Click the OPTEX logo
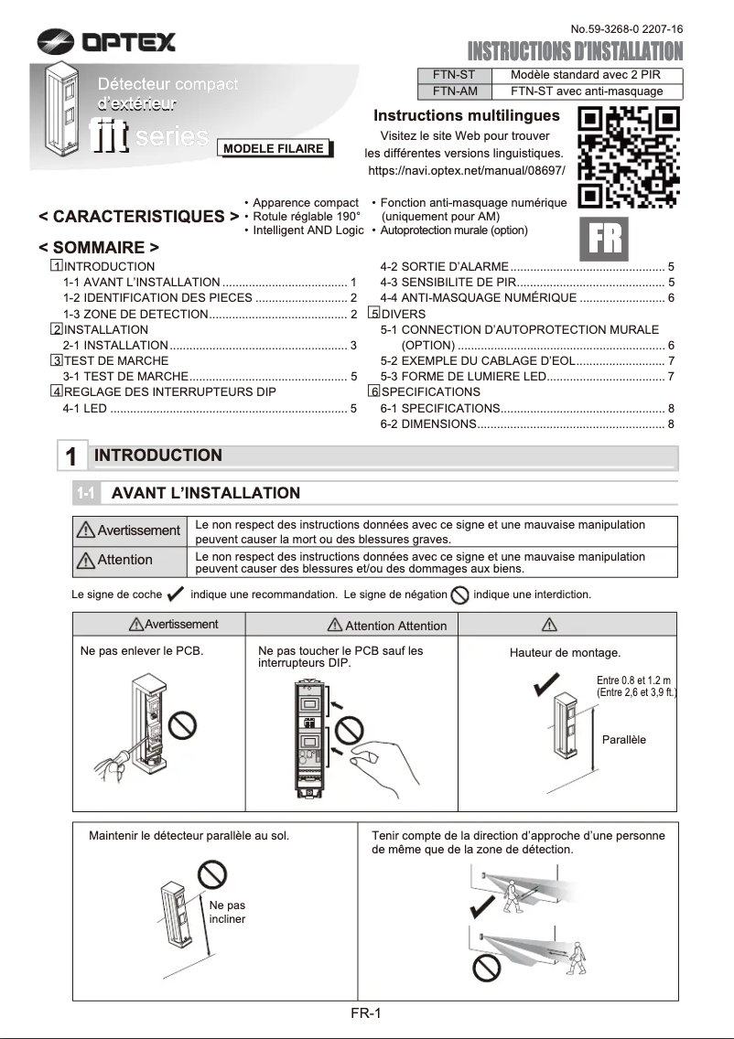[x=106, y=41]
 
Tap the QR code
[x=630, y=157]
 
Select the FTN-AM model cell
[x=454, y=91]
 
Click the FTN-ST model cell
[x=454, y=75]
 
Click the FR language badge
[x=605, y=238]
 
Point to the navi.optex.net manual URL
[x=466, y=171]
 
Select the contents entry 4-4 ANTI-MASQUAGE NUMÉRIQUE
[x=526, y=298]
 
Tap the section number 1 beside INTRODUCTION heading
[x=71, y=456]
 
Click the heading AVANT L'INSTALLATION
[x=205, y=493]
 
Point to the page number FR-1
[x=365, y=1012]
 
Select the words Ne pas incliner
[x=227, y=912]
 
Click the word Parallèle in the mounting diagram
[x=623, y=739]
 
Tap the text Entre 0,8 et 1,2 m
[x=633, y=680]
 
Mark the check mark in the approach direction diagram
[x=481, y=908]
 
